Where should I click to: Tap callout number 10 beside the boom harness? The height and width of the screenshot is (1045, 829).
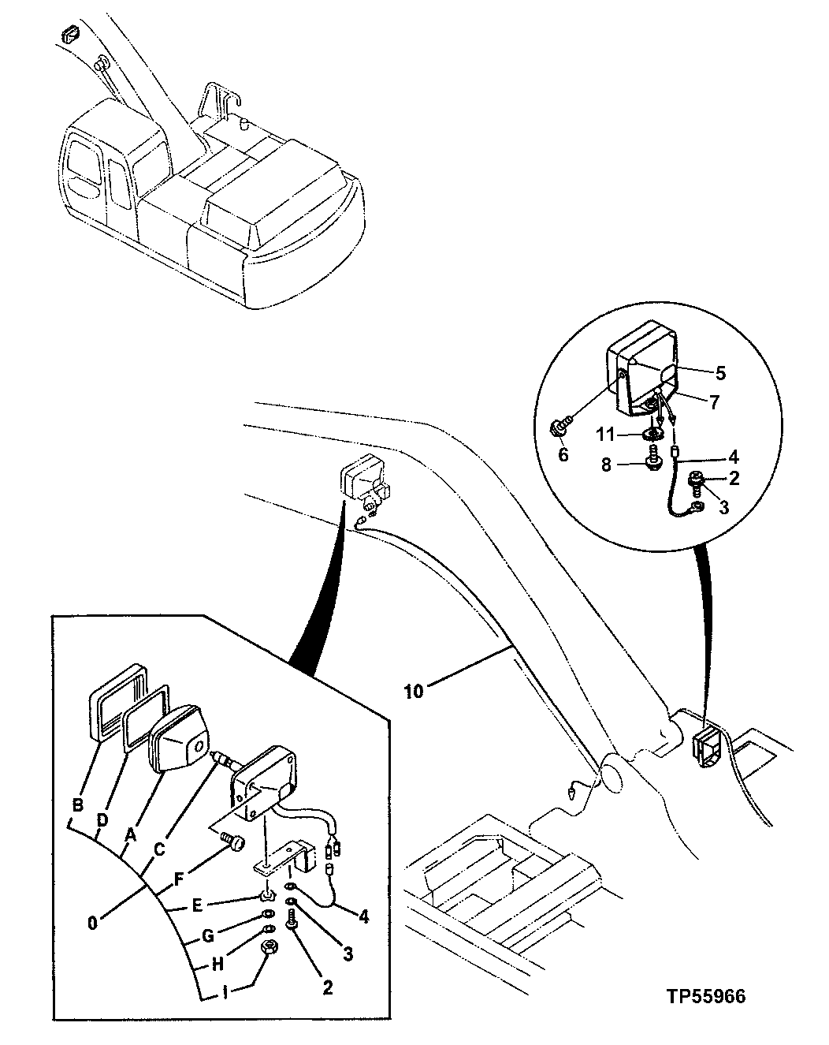coord(414,691)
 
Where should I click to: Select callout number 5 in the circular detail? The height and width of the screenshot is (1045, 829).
coord(721,371)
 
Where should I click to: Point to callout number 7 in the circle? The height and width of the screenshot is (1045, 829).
coord(715,402)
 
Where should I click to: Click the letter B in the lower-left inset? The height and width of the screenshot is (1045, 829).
coord(77,805)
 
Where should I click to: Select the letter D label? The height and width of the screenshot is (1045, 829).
coord(102,820)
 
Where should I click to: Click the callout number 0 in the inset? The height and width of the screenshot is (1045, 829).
coord(93,921)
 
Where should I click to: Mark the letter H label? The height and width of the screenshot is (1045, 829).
coord(218,964)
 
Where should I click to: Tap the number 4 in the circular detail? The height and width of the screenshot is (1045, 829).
coord(733,456)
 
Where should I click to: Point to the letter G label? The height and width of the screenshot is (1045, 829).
coord(208,937)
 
